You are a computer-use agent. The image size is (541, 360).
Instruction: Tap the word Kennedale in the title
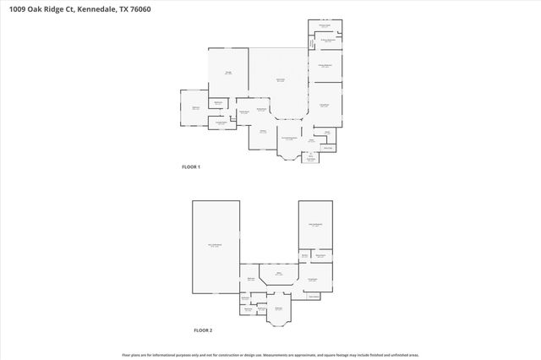point(87,9)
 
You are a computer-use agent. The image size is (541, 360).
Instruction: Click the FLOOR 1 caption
point(191,167)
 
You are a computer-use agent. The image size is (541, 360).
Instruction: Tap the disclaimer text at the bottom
point(270,355)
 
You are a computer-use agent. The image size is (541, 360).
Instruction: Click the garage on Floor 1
point(228,74)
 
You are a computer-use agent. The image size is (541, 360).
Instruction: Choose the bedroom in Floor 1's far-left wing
point(194,108)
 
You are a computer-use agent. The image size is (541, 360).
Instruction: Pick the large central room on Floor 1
point(280,80)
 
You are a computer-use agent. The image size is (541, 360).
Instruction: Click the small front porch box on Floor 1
point(311,158)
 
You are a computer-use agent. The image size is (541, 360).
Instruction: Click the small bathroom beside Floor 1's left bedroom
point(217,103)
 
